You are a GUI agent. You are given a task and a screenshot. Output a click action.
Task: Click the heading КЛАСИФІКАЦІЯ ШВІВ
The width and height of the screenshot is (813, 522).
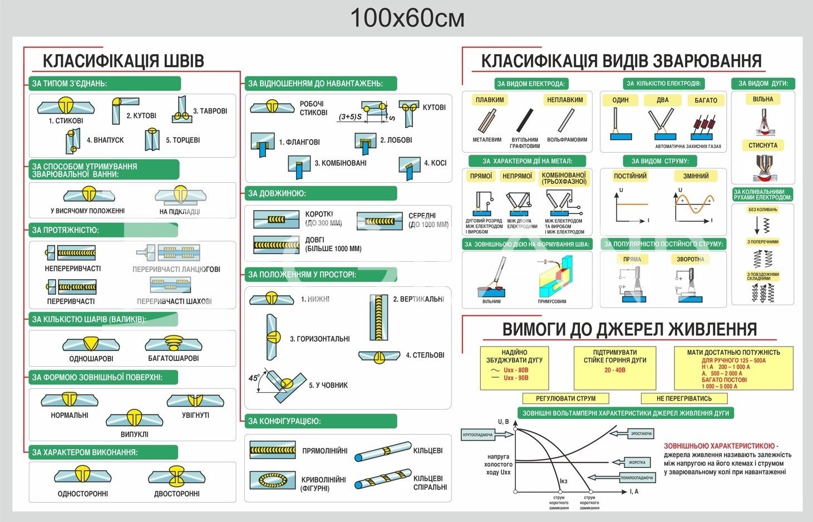[123, 61]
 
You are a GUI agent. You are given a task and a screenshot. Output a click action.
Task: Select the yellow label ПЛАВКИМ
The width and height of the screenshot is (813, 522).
[490, 100]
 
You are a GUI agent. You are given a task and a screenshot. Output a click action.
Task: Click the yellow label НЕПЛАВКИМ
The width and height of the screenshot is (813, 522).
[565, 100]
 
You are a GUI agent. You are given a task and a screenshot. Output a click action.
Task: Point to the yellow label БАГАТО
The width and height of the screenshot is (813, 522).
[706, 100]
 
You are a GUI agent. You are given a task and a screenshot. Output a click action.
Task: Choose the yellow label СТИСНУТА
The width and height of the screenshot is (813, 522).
[762, 145]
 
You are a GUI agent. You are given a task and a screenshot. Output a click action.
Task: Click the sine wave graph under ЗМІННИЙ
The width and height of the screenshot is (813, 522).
[695, 204]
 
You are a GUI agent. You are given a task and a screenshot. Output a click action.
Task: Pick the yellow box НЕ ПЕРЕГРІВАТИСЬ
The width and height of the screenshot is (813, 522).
[684, 398]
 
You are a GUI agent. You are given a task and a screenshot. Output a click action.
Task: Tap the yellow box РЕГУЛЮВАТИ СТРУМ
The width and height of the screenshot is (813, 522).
[565, 398]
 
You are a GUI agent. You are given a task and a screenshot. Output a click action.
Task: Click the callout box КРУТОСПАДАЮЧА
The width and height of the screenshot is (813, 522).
[478, 435]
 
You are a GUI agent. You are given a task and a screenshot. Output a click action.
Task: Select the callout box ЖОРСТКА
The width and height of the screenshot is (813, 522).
[637, 462]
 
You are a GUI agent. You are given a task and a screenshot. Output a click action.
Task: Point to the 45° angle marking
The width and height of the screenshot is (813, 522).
[254, 378]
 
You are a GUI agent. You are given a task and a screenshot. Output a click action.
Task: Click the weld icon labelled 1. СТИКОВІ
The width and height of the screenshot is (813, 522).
[66, 105]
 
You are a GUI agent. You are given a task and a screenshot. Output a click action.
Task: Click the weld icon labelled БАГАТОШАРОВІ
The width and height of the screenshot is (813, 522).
[173, 344]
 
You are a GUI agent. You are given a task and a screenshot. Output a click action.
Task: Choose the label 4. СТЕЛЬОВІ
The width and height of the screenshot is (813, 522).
[425, 355]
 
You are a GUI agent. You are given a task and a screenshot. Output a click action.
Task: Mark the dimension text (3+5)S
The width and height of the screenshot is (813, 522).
[350, 117]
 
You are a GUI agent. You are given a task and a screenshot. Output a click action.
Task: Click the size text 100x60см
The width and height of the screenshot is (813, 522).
[407, 18]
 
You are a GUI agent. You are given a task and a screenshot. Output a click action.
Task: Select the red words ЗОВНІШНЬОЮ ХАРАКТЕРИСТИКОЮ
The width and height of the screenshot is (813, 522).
[719, 446]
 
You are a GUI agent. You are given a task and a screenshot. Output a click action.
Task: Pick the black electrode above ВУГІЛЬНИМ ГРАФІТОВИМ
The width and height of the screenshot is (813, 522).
[525, 120]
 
